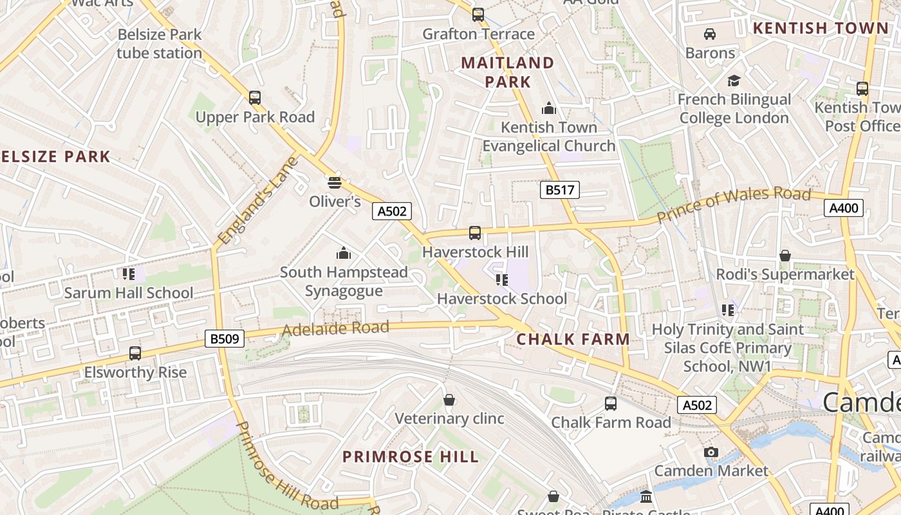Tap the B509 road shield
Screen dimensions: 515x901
coord(225,339)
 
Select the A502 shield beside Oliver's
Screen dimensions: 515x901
coord(391,211)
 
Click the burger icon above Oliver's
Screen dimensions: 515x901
coord(334,183)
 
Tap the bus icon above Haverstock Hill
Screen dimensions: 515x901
coord(475,233)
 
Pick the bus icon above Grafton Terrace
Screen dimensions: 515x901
coord(478,15)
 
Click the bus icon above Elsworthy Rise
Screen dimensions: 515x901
coord(135,353)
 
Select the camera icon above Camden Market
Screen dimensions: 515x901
coord(711,452)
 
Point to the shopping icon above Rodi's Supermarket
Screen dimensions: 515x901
coord(785,256)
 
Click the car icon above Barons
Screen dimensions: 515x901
coord(710,34)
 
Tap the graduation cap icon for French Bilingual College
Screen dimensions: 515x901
coord(734,81)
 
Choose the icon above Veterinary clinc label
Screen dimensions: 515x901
coord(449,400)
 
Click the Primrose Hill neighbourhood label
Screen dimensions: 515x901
coord(411,457)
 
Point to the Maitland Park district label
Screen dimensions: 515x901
coord(508,72)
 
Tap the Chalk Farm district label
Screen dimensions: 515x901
coord(573,339)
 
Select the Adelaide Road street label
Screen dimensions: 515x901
coord(335,329)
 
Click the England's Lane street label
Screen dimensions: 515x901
coord(258,201)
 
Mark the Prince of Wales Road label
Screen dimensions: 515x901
coord(733,205)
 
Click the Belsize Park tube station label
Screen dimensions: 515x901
coord(160,44)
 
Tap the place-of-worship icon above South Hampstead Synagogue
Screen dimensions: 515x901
coord(344,253)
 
